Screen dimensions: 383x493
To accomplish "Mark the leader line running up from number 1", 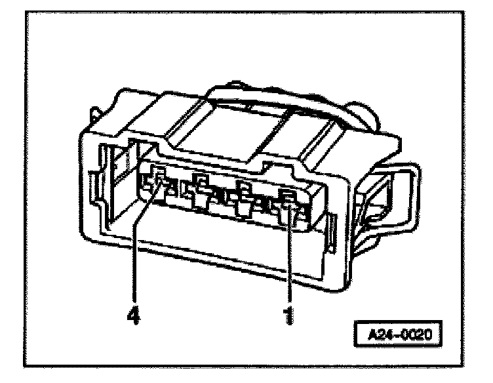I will point(289,256).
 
